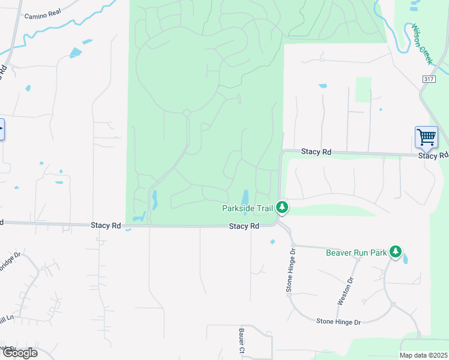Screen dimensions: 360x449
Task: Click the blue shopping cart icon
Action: [426, 137]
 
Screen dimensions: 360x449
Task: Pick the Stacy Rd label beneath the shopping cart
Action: [433, 156]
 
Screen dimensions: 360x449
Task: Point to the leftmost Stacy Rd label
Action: [106, 226]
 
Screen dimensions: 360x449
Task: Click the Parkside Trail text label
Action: [247, 208]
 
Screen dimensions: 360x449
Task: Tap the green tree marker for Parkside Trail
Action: [282, 208]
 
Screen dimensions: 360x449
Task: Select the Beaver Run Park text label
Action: [356, 253]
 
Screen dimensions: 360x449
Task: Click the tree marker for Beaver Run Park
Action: [395, 251]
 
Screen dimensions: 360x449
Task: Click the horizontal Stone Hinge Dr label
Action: [339, 322]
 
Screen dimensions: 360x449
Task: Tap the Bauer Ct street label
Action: [241, 340]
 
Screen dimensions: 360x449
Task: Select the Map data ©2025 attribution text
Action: [423, 355]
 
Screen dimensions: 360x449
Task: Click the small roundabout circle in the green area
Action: [187, 113]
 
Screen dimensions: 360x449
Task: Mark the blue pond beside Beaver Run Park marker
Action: [405, 259]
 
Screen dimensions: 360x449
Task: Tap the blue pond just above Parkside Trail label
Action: [245, 197]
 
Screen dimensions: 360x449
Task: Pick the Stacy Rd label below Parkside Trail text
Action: [244, 226]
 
